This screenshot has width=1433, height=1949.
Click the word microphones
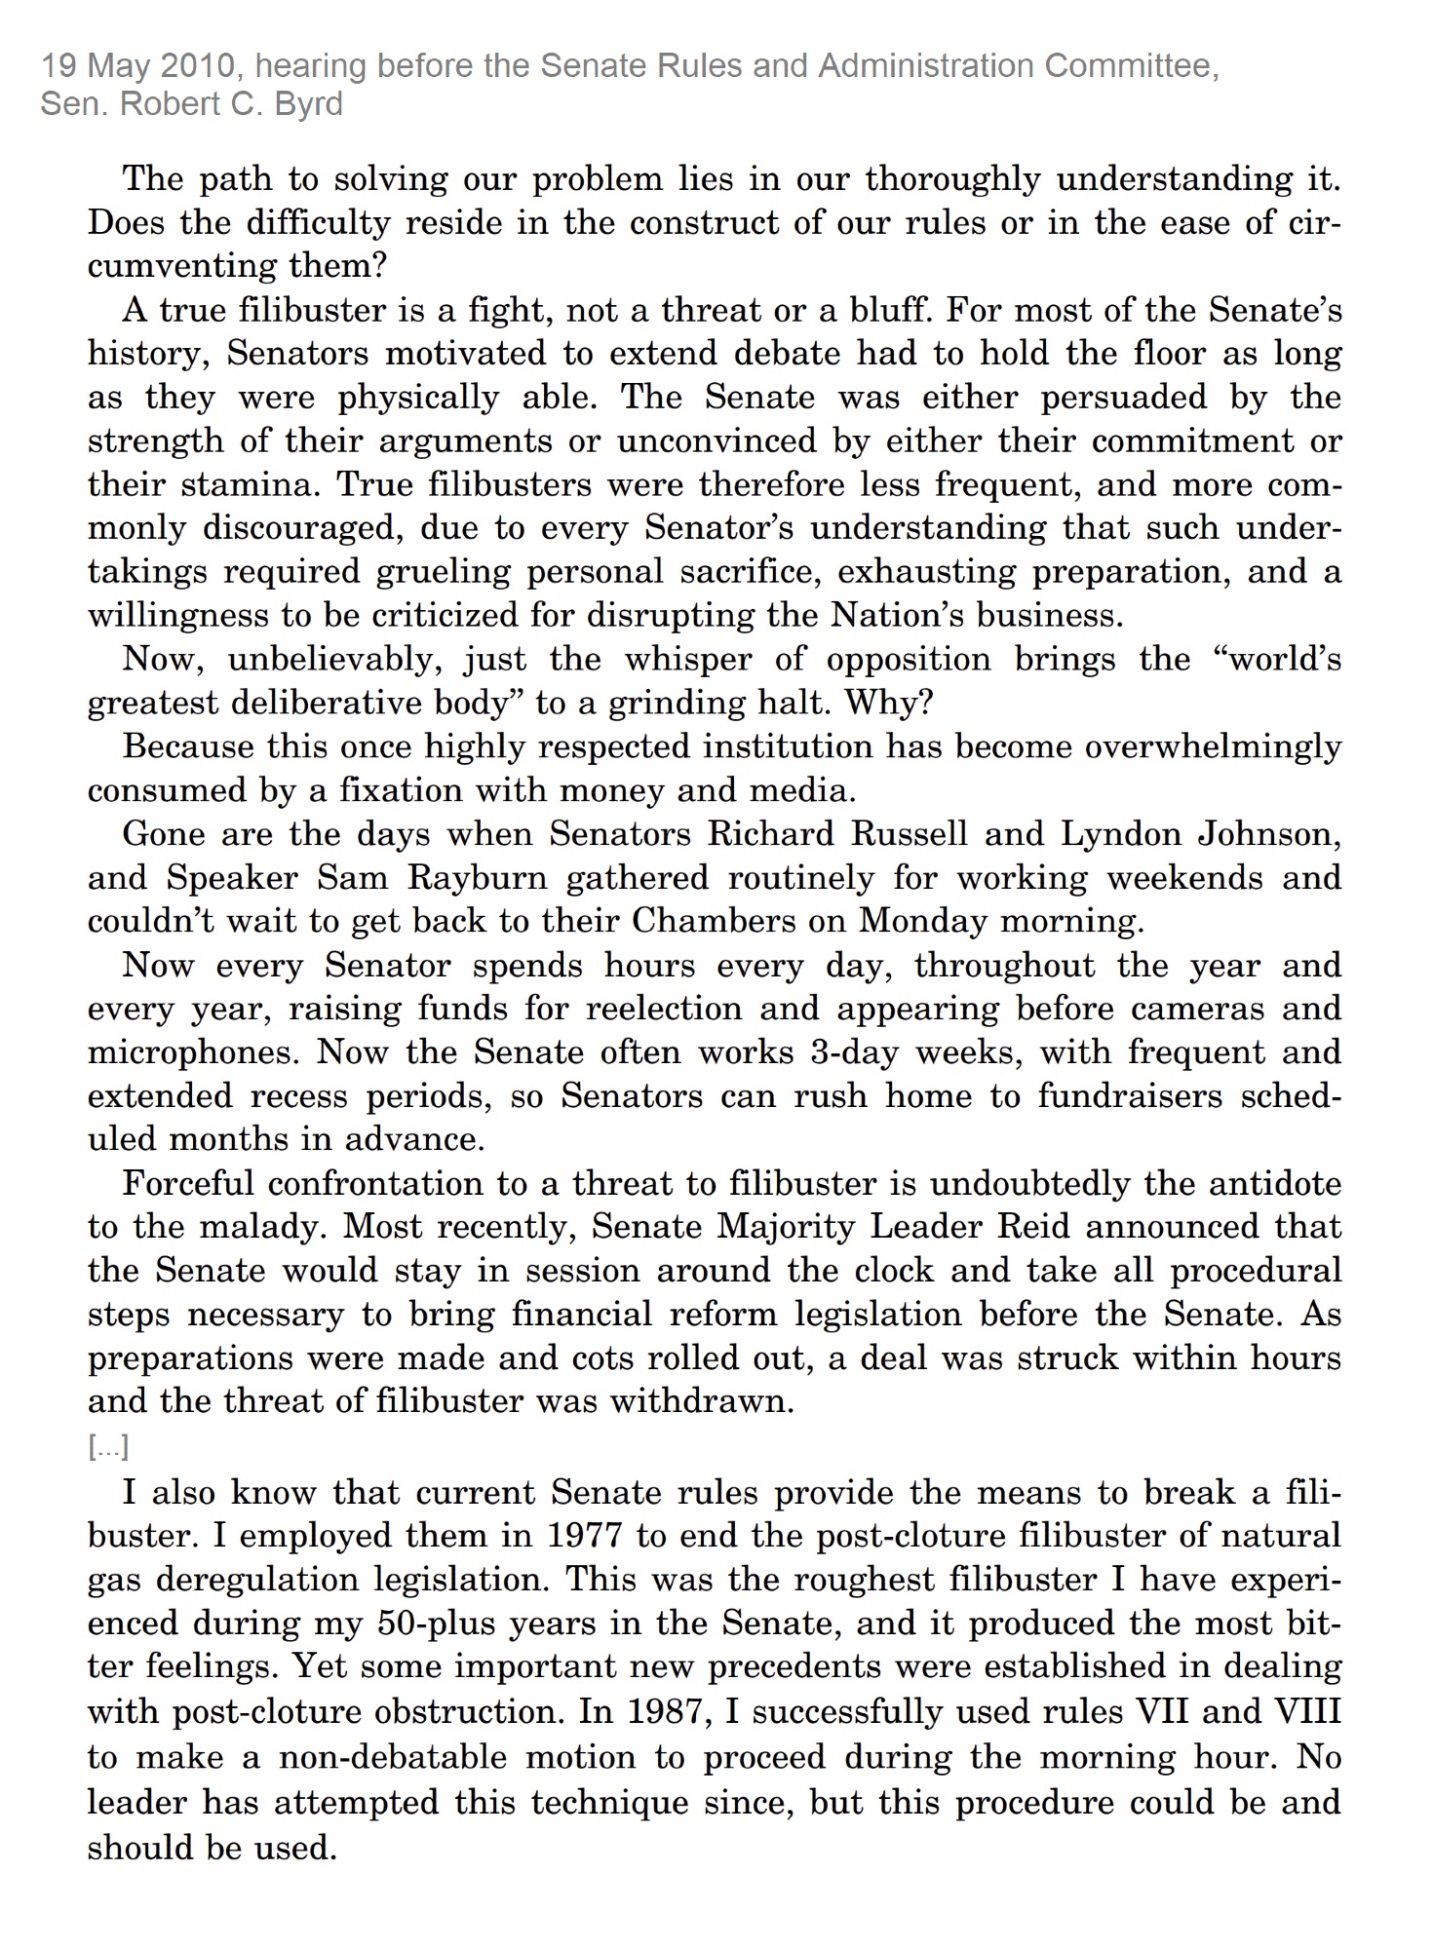coord(193,1053)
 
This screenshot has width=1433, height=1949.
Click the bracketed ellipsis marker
coord(108,1448)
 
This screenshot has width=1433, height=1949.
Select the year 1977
coord(583,1537)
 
